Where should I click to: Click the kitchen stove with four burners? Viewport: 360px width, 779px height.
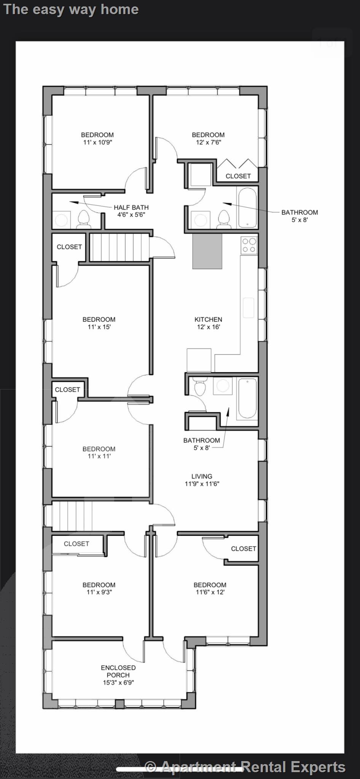point(249,245)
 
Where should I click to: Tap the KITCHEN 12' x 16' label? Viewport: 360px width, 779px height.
point(208,323)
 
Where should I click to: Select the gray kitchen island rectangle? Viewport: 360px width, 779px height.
point(207,251)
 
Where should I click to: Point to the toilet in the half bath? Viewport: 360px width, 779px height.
point(83,220)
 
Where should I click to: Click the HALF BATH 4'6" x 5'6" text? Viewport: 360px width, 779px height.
point(131,211)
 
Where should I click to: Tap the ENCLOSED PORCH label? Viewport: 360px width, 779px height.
point(118,675)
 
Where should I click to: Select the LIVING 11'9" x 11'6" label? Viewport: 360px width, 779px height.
point(202,480)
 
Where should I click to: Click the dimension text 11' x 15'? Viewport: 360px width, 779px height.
point(99,327)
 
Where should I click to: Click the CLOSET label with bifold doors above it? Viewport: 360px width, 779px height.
point(238,176)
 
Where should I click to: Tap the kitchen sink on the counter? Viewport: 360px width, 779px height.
point(248,308)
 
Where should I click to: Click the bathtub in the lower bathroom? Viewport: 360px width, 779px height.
point(247,398)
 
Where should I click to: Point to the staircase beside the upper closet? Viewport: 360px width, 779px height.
point(118,247)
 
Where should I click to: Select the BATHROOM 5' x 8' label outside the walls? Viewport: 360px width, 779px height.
point(299,216)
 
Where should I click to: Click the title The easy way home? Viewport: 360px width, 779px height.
point(71,9)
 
